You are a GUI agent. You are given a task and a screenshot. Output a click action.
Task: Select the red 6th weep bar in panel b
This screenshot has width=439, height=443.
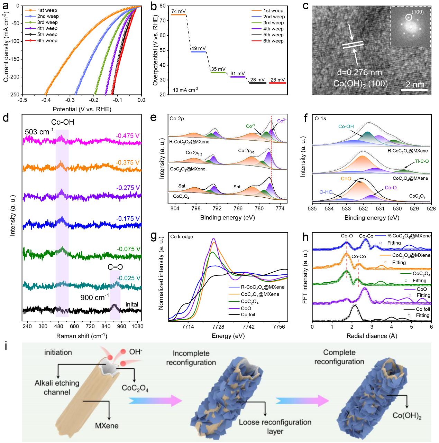pos(278,83)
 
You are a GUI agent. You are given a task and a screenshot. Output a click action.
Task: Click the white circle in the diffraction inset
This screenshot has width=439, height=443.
pos(409,16)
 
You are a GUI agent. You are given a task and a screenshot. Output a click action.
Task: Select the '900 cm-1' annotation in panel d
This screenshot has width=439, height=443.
pos(95,296)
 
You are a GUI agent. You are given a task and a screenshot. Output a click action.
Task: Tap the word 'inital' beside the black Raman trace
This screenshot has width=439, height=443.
pos(132,304)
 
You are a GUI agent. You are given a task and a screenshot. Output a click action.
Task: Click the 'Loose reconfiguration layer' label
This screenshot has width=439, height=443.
pos(275,426)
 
